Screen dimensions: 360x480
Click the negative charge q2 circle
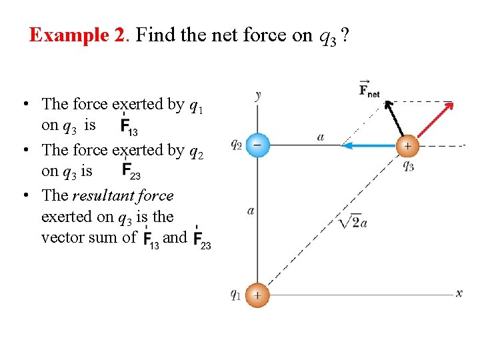click(257, 145)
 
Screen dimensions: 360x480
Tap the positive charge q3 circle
click(407, 145)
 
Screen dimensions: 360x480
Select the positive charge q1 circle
click(257, 295)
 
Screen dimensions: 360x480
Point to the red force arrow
click(430, 123)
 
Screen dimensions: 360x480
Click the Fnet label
click(369, 89)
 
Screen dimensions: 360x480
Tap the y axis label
click(257, 95)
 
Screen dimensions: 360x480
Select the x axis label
click(459, 293)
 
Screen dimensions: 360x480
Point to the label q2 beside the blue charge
click(236, 144)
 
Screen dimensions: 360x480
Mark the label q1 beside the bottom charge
click(235, 294)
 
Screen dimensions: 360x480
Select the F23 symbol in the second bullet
click(131, 171)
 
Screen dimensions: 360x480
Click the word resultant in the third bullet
click(104, 196)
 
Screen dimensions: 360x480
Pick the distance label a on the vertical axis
click(250, 211)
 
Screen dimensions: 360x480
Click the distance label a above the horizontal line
click(321, 137)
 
